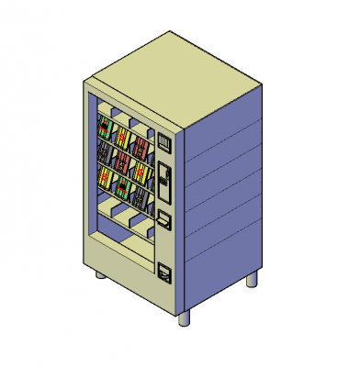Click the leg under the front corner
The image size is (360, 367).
(x=186, y=317)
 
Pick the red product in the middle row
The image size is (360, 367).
(x=119, y=161)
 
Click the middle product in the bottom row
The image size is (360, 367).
(x=121, y=185)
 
